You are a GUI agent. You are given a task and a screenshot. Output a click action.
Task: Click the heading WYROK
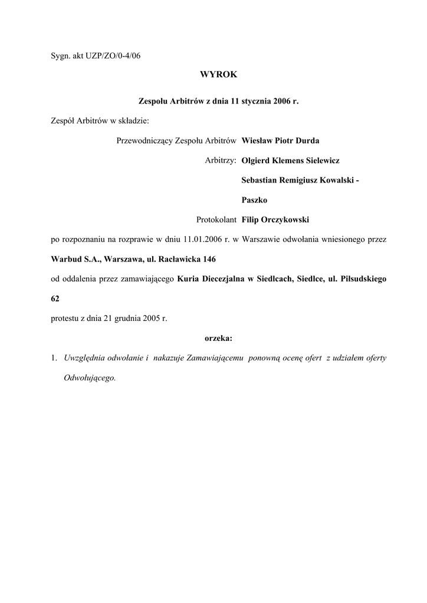[x=218, y=75]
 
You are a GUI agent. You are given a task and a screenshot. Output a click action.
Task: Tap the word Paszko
[x=255, y=200]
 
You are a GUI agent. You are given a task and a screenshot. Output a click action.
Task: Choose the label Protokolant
[x=216, y=220]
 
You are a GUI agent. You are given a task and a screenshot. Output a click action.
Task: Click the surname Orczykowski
[x=285, y=220]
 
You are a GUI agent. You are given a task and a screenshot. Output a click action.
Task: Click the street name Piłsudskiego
[x=363, y=279]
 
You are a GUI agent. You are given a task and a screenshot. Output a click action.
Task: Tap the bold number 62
[x=55, y=299]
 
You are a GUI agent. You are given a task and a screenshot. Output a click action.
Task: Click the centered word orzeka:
[x=218, y=338]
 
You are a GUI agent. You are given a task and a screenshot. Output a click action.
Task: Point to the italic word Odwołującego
[x=90, y=377]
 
